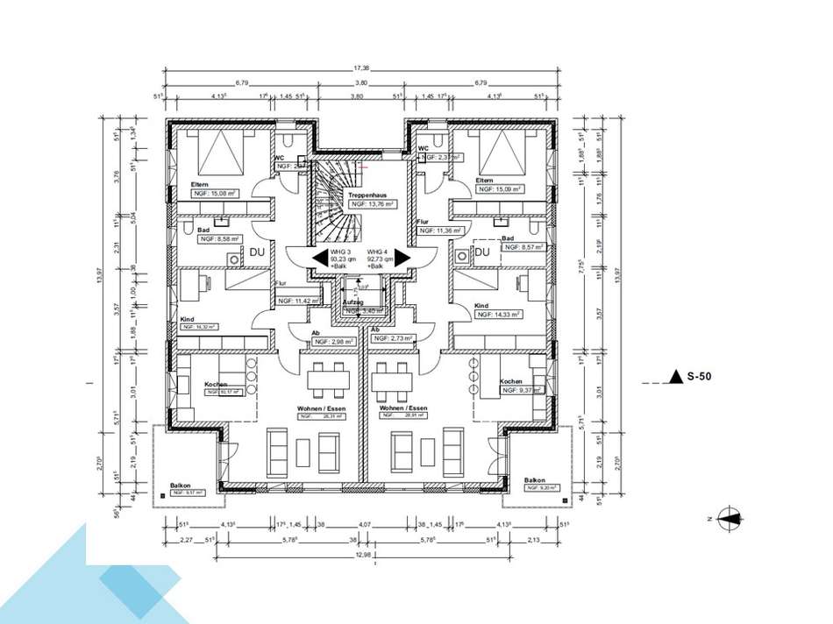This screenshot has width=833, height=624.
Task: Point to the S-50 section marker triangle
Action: [x=675, y=377]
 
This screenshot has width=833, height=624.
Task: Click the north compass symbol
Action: [x=729, y=519]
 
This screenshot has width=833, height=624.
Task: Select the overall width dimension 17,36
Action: [x=360, y=68]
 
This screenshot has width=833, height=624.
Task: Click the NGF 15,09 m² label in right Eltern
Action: [x=501, y=189]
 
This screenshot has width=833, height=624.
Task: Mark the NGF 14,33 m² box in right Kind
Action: [x=499, y=314]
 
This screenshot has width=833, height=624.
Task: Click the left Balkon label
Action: [x=181, y=485]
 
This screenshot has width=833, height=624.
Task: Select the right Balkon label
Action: [x=535, y=480]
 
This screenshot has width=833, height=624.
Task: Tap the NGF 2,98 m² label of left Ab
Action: [x=334, y=342]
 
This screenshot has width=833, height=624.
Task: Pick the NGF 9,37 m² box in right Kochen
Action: [x=521, y=390]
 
